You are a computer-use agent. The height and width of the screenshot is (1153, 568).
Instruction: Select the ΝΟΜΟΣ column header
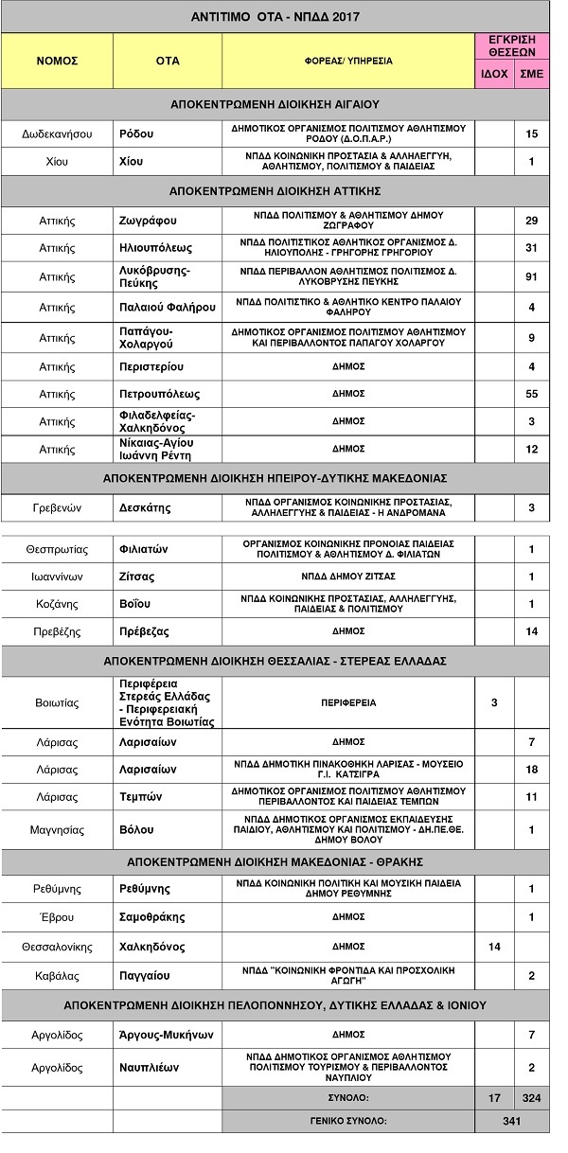click(57, 61)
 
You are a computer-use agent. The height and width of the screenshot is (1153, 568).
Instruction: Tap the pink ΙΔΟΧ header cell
click(494, 74)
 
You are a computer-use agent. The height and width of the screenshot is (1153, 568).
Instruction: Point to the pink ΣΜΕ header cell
click(531, 74)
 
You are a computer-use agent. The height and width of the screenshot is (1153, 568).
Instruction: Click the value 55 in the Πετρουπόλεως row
click(531, 393)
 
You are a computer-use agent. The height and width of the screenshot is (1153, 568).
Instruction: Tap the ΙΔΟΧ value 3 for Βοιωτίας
click(494, 702)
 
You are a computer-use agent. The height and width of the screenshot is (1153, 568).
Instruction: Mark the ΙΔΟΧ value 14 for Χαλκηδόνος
click(494, 945)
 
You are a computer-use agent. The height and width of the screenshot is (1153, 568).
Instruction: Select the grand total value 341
click(512, 1121)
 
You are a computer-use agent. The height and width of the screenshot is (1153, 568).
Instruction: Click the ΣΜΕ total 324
click(531, 1098)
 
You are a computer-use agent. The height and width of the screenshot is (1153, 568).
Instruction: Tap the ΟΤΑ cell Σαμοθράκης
click(152, 916)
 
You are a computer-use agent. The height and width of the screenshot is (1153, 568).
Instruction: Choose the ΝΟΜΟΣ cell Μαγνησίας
click(57, 829)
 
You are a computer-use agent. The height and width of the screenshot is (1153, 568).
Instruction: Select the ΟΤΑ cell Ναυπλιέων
click(151, 1067)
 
